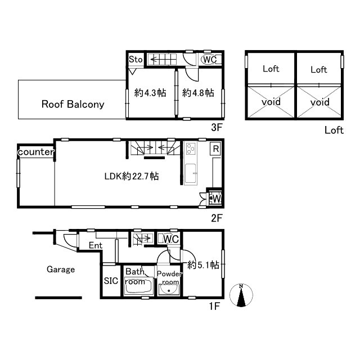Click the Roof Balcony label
click(73, 104)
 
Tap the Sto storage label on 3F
click(136, 60)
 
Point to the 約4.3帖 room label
click(150, 93)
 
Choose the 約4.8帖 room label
click(198, 93)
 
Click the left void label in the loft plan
click(271, 101)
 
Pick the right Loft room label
click(319, 70)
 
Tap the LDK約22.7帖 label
click(132, 176)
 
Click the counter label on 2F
click(36, 152)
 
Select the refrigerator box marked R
click(215, 148)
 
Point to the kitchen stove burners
click(191, 148)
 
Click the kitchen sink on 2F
click(191, 173)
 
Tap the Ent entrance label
click(96, 245)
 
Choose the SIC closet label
click(111, 281)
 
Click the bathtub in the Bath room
click(139, 286)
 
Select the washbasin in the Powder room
click(169, 290)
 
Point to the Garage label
click(61, 269)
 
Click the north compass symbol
click(241, 295)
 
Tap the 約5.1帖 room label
click(203, 265)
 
